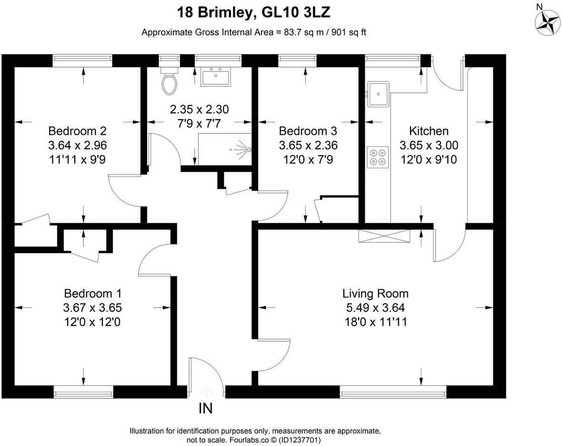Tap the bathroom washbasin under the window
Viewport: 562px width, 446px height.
point(216,78)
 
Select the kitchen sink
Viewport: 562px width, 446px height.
point(378,94)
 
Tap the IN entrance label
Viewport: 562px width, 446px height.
point(206,408)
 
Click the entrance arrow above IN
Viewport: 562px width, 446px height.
point(206,392)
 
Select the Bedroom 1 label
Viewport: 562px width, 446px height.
point(93,293)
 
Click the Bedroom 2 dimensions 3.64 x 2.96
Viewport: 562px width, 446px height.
point(78,145)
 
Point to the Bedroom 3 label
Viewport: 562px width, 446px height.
point(308,131)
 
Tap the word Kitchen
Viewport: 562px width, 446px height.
point(429,131)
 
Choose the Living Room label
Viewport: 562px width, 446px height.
point(376,294)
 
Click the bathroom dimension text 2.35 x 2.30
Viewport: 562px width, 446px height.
point(199,109)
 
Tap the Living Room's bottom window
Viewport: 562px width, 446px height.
point(393,392)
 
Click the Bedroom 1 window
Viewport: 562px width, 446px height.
point(83,392)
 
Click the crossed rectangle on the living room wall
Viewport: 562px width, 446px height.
point(384,236)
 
